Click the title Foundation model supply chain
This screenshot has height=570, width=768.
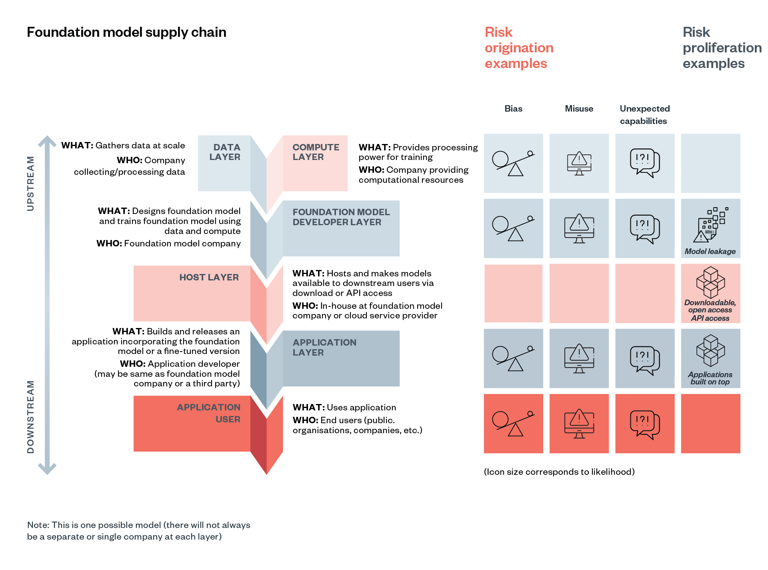(126, 32)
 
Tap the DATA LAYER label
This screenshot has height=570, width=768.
(225, 152)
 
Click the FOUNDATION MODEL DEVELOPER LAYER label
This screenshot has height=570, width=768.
(340, 217)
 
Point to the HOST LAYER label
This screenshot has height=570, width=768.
(209, 277)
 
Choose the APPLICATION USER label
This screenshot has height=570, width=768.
(209, 413)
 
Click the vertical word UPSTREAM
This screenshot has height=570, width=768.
(30, 184)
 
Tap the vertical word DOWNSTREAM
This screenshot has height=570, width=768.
(30, 417)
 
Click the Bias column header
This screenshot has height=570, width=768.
(513, 109)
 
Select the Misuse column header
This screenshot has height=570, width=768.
(579, 109)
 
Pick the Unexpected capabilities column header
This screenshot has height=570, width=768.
(644, 115)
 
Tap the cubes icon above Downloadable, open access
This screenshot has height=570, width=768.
(710, 282)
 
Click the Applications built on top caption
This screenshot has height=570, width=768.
(710, 378)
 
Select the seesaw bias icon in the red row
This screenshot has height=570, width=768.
(513, 424)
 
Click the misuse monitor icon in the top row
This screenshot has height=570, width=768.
(579, 164)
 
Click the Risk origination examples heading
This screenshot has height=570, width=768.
(518, 48)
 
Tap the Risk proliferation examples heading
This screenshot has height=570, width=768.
(722, 48)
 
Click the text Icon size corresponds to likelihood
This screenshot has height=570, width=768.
(559, 472)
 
